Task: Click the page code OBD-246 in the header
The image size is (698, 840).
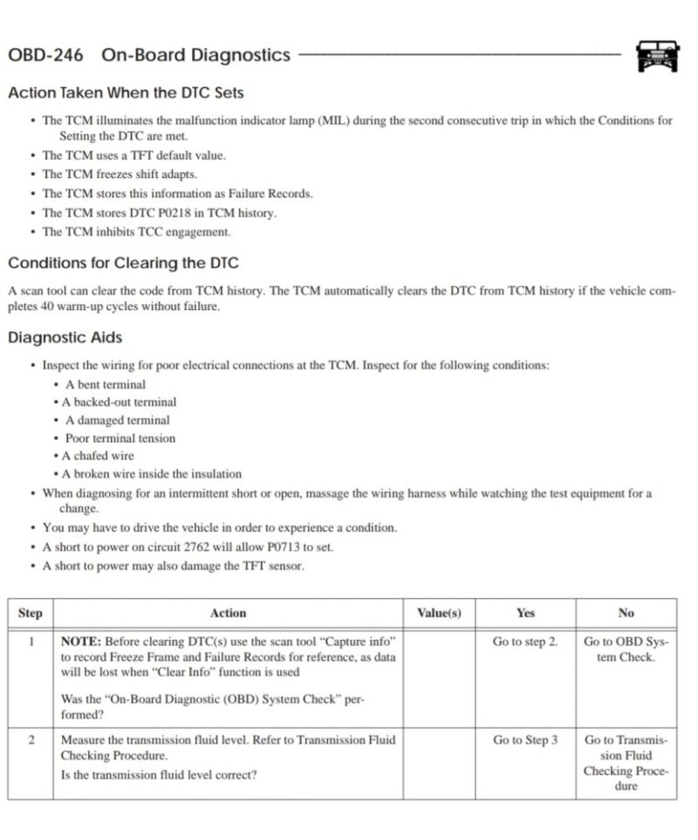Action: (x=45, y=55)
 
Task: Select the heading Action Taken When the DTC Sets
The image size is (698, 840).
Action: (x=126, y=93)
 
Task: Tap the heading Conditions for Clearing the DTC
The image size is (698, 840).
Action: (x=123, y=263)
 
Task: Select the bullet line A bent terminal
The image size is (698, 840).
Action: (x=106, y=384)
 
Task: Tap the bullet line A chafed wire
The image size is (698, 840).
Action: (x=98, y=456)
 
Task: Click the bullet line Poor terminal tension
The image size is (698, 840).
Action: (x=120, y=438)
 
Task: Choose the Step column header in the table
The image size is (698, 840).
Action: (x=30, y=613)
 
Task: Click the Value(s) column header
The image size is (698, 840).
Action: (x=439, y=613)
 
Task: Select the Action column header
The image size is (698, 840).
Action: (x=228, y=613)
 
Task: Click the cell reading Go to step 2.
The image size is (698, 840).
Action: (x=524, y=642)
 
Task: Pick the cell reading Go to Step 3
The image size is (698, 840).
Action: (x=524, y=740)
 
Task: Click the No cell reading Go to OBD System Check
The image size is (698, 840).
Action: (x=626, y=650)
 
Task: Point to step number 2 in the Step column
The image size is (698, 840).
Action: (x=31, y=740)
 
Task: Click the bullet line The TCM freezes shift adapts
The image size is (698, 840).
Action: (x=120, y=174)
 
